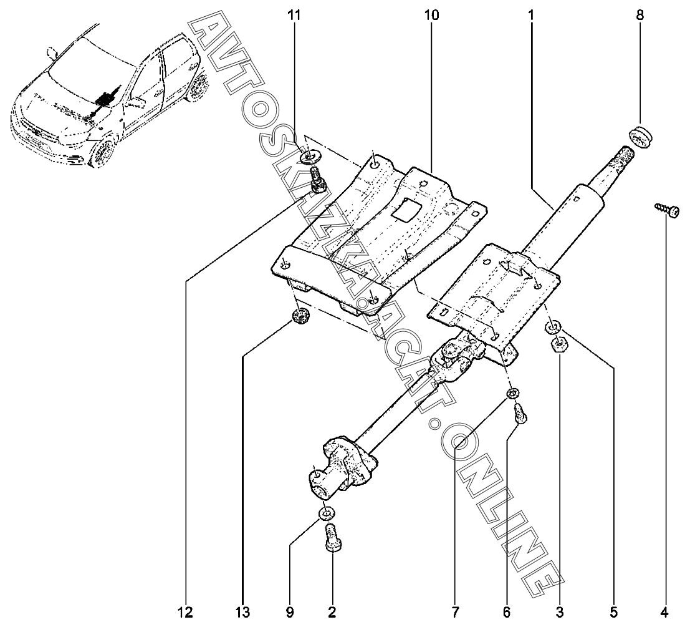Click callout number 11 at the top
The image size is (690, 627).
coord(294,14)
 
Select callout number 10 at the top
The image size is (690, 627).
coord(431,14)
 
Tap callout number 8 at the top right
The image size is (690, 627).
coord(640,14)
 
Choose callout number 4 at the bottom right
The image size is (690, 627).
coord(665,610)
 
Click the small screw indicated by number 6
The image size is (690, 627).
coord(521,413)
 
